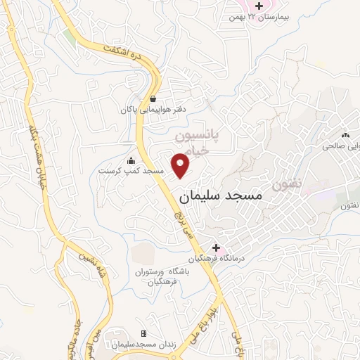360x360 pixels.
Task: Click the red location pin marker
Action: pos(181,165)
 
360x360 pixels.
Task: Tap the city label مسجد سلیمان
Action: pos(220,198)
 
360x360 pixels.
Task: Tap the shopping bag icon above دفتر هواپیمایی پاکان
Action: pos(153,98)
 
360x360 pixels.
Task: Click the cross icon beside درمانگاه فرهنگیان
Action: pos(216,247)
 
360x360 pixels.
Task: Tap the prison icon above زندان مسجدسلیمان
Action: pos(144,333)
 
